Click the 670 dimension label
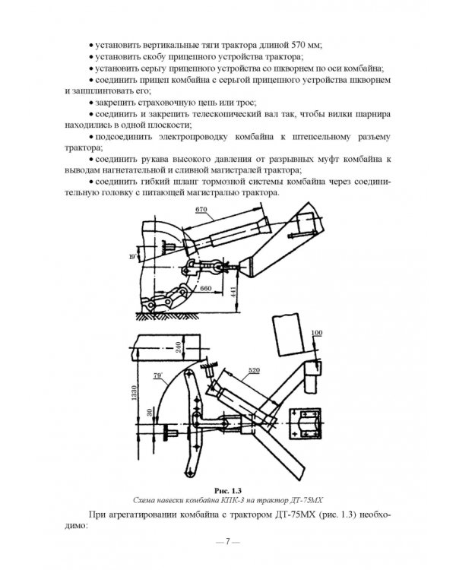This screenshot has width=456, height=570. pos(201,210)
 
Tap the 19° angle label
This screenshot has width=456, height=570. pos(132,257)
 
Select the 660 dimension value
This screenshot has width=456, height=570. pos(206,288)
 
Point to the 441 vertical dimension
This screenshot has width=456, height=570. pos(233,293)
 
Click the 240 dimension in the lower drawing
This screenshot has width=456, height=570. pos(179,347)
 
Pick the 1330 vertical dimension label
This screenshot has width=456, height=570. pos(134,393)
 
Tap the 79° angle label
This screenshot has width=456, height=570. pos(157,375)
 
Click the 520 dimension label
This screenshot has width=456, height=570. pos(254,370)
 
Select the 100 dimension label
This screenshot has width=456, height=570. pos(317,333)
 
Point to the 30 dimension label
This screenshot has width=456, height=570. pos(150,413)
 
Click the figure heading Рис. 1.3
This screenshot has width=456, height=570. pos(228,491)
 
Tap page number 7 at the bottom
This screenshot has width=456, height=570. pos(228,542)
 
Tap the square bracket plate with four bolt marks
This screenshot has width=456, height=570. pos(306,424)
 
